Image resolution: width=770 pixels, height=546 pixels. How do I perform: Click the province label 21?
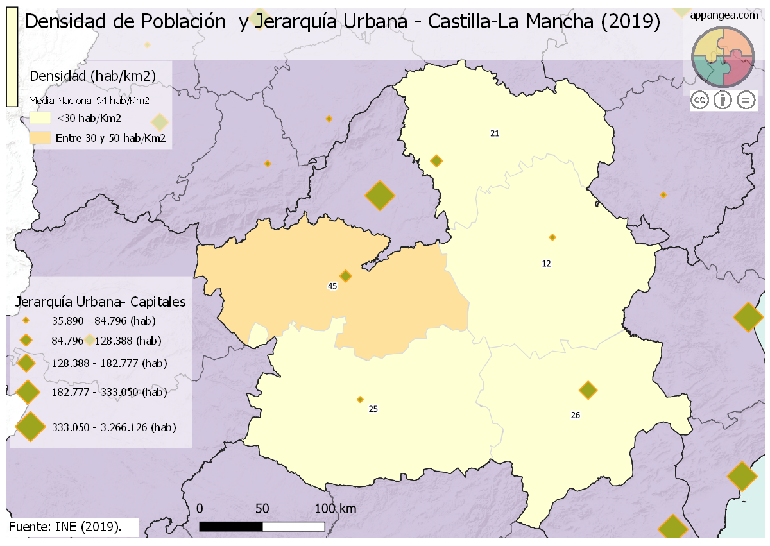tap(494, 133)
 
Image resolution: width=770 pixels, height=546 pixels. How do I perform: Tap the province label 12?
tap(546, 264)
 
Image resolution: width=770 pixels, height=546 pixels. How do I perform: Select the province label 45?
tap(332, 286)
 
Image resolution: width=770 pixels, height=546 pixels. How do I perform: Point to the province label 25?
tap(373, 409)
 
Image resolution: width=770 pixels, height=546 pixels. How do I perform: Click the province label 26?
tap(575, 415)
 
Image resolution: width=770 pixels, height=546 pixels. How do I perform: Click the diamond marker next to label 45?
tap(346, 276)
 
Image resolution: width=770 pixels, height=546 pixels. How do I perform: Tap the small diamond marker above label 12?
tap(552, 237)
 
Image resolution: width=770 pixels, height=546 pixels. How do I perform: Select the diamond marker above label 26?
tap(588, 389)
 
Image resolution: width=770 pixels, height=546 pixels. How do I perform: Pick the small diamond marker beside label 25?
tap(360, 399)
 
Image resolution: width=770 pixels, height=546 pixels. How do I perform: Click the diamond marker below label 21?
tap(436, 160)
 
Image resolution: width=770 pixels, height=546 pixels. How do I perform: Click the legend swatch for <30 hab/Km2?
tap(40, 118)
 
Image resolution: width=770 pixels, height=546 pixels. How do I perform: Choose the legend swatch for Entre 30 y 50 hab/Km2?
tap(40, 138)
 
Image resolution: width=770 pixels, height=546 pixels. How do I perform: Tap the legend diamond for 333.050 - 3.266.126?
tap(30, 427)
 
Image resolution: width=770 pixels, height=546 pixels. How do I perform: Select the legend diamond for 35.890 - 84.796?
tap(26, 321)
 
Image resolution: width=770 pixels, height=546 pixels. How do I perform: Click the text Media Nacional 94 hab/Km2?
tap(89, 101)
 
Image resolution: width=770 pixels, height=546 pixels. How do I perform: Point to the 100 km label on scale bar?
tap(335, 509)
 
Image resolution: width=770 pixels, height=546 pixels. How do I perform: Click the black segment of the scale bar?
tap(231, 526)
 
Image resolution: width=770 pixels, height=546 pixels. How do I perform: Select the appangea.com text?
tap(724, 15)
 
